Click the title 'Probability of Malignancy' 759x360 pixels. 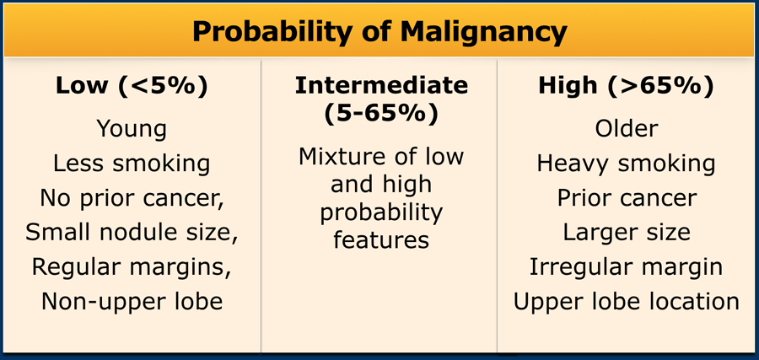[379, 32]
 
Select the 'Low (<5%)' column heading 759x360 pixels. [132, 86]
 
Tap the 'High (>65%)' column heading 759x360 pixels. [626, 86]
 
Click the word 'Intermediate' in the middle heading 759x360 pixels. [381, 86]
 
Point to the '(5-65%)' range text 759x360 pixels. [381, 114]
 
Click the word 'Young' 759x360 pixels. [132, 130]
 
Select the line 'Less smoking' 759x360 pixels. [132, 164]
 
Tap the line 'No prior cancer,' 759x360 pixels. [132, 198]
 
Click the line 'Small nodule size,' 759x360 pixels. [132, 233]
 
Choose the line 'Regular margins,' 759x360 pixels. [132, 267]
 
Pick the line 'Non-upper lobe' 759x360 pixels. [132, 302]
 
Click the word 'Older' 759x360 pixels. [627, 129]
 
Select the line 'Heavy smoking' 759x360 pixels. [627, 164]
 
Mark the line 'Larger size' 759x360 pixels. [627, 233]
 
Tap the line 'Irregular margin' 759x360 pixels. [627, 267]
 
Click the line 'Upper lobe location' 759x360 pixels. [627, 302]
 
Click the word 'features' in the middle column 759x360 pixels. [381, 239]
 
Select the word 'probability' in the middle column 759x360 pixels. [381, 213]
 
